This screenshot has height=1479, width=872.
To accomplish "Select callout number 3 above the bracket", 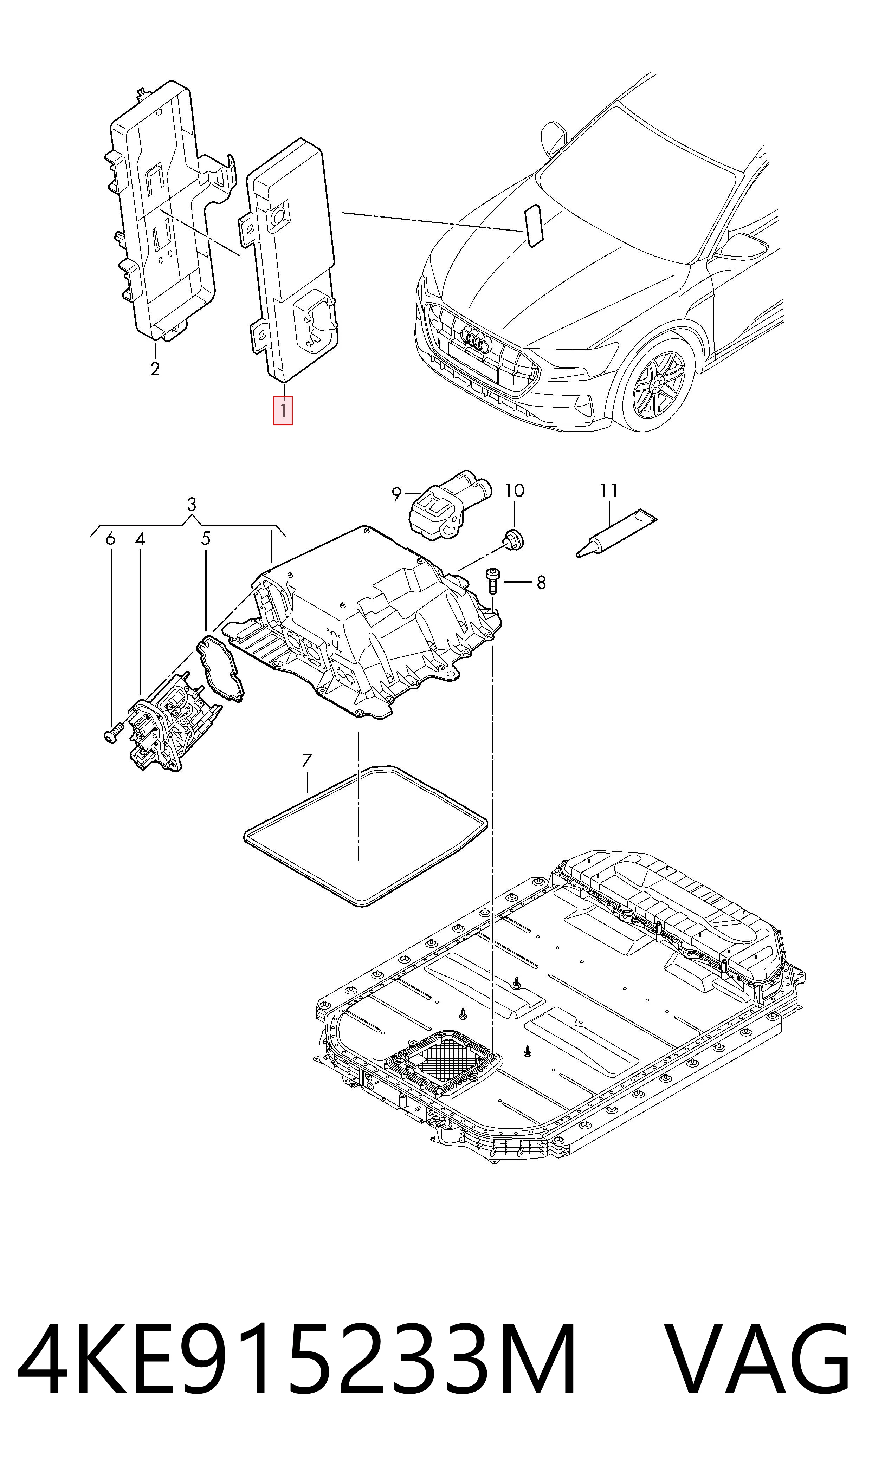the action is [192, 505].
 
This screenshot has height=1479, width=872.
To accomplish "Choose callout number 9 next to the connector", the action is [397, 494].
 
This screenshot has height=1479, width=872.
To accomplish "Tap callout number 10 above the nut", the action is [515, 491].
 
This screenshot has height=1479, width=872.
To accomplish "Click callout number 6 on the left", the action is [110, 539].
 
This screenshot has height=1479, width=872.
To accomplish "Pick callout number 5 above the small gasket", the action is [206, 539].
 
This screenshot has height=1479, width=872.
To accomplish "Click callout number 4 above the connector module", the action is [140, 539].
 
